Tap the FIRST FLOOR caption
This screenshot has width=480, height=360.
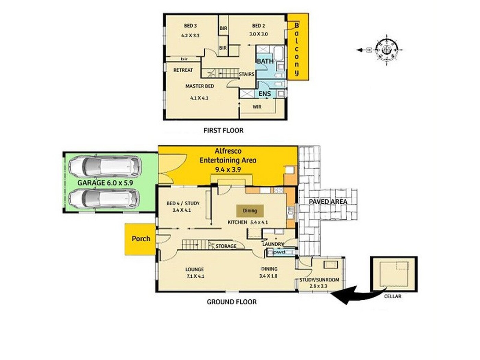(223, 131)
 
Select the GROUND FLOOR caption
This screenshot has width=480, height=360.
(231, 302)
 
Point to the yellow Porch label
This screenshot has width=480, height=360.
(141, 239)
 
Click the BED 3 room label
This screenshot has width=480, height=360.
(190, 26)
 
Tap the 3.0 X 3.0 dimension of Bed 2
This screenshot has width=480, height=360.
(258, 34)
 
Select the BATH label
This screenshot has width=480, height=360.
(265, 61)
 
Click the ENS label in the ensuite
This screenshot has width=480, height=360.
(265, 94)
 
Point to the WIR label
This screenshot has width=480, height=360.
(257, 107)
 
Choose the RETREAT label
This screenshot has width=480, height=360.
(183, 70)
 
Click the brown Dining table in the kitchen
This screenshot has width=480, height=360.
(250, 211)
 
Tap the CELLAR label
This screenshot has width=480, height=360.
(393, 296)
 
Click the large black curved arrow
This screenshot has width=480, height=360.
(359, 294)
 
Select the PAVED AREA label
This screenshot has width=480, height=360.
(328, 202)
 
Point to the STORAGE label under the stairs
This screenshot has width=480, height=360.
(226, 246)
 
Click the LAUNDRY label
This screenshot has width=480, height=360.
(273, 244)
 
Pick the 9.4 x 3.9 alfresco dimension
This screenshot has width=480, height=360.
(228, 170)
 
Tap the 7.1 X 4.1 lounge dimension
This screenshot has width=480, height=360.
(195, 276)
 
